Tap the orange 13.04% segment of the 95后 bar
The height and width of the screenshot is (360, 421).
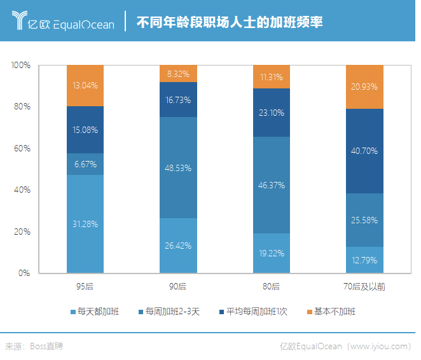click(85, 85)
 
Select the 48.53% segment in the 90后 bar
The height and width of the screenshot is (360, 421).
click(178, 168)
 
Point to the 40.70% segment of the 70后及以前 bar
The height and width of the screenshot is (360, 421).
click(364, 151)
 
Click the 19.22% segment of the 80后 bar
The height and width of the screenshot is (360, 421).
click(272, 253)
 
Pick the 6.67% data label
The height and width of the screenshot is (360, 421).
click(85, 164)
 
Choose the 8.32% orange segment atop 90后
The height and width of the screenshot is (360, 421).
click(178, 74)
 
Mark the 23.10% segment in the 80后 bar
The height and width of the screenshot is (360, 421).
click(272, 113)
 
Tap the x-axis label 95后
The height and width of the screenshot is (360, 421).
click(85, 287)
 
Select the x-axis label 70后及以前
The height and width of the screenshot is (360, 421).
click(364, 287)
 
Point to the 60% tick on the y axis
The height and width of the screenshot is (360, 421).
click(22, 148)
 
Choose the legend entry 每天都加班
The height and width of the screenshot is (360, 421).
click(96, 312)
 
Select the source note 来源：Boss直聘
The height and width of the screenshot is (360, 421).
click(34, 347)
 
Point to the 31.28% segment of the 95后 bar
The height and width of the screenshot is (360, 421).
click(85, 224)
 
